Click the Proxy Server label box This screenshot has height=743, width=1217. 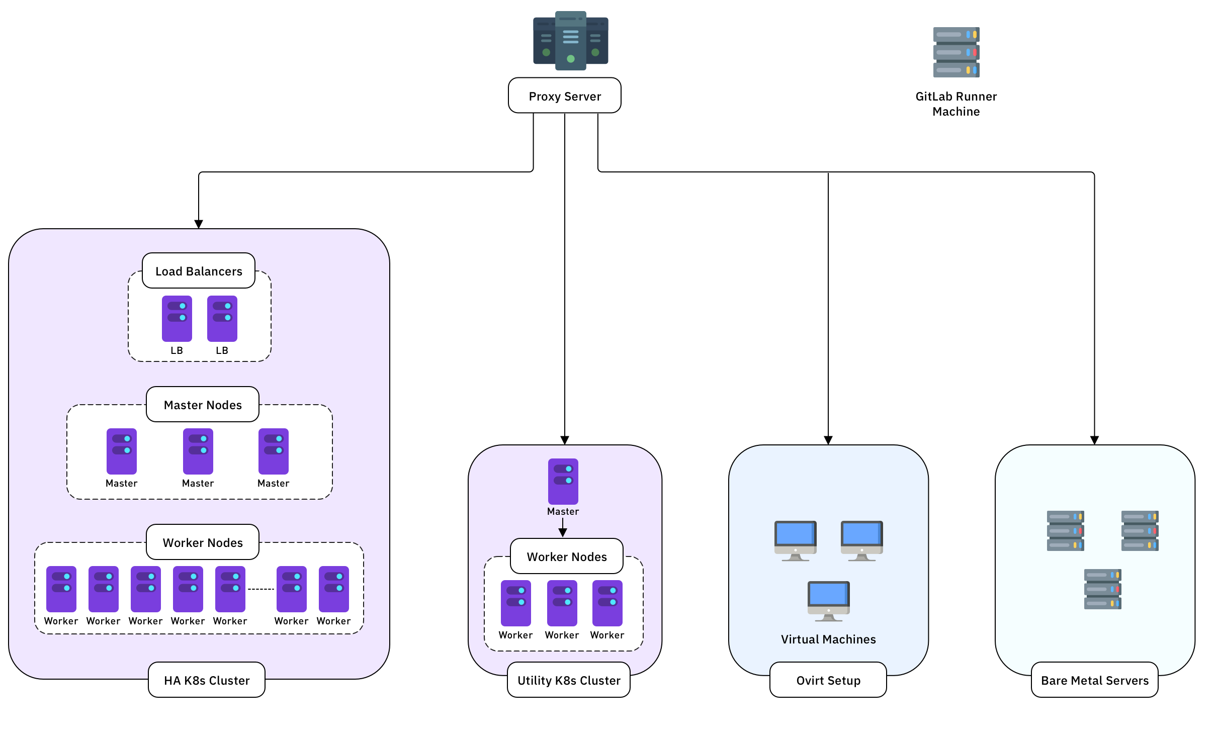point(564,96)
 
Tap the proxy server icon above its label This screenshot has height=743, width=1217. point(570,40)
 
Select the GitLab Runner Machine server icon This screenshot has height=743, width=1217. point(956,52)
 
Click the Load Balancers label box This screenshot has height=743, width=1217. point(199,270)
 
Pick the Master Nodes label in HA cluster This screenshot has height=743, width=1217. point(203,404)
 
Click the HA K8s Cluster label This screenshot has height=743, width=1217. point(207,680)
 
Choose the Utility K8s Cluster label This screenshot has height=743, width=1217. point(569,680)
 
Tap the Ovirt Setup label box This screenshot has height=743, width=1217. point(828,680)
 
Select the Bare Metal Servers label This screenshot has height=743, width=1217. point(1095,680)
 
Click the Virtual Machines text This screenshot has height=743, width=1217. point(828,639)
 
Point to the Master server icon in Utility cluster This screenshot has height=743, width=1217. point(563,481)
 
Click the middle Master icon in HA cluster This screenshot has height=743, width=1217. point(198,451)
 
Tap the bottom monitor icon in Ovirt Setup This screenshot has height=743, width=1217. point(829,601)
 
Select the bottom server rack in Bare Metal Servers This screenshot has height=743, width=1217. point(1103,589)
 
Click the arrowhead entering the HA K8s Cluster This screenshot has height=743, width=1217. point(199,224)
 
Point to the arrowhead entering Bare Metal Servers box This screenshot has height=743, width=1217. point(1094,440)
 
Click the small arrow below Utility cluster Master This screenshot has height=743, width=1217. point(563,528)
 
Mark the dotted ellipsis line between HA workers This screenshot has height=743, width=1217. point(261,589)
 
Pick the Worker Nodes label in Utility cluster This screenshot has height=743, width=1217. point(567,556)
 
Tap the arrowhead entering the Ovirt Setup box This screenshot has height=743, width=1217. point(828,440)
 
